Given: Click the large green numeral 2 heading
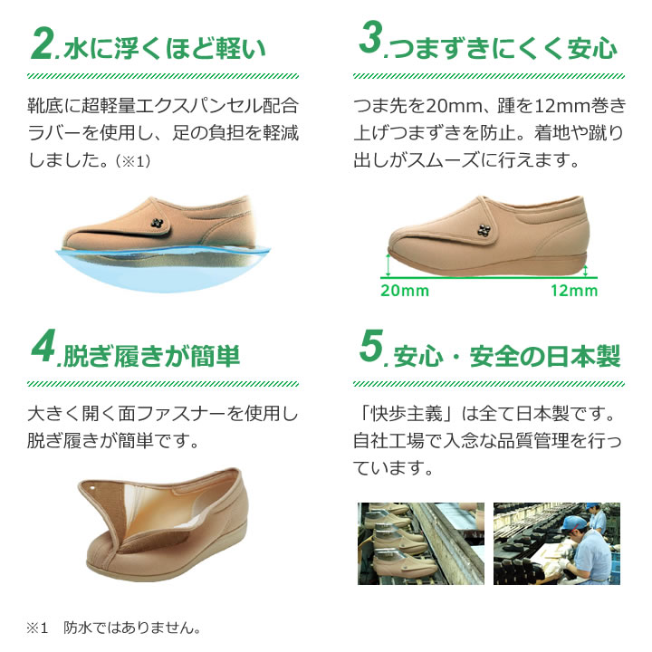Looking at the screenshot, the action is coord(43,43).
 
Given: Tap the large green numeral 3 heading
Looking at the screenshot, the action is coord(371,38).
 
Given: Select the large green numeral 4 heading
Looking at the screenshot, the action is coord(43,346).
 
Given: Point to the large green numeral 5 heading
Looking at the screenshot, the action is coord(371,346).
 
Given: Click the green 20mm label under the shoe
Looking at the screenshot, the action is coord(405,291).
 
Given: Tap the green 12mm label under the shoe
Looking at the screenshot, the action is coord(574,291).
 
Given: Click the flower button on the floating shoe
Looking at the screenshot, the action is coord(157,224).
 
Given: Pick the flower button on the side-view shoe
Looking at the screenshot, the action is coord(484,230).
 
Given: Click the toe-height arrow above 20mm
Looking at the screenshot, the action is coord(388,265).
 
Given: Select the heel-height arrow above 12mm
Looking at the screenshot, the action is coord(586,272).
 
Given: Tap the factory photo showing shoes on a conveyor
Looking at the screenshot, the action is coord(421,543).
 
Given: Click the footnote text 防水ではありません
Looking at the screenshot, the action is coord(132,628).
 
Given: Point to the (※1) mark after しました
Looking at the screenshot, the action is coord(133,161).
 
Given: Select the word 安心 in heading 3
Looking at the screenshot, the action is coord(592,48).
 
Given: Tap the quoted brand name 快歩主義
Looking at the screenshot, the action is coord(407,414).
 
